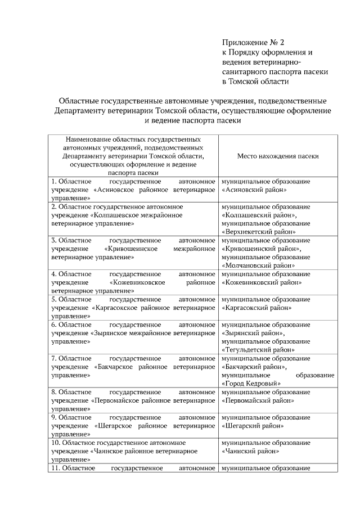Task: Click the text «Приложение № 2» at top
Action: [254, 42]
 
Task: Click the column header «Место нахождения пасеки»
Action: [278, 156]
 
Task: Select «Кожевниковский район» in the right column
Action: [262, 282]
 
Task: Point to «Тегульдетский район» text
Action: [258, 349]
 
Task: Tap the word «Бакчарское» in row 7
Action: [119, 366]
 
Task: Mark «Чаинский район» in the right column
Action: [248, 451]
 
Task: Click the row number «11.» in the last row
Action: [55, 468]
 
